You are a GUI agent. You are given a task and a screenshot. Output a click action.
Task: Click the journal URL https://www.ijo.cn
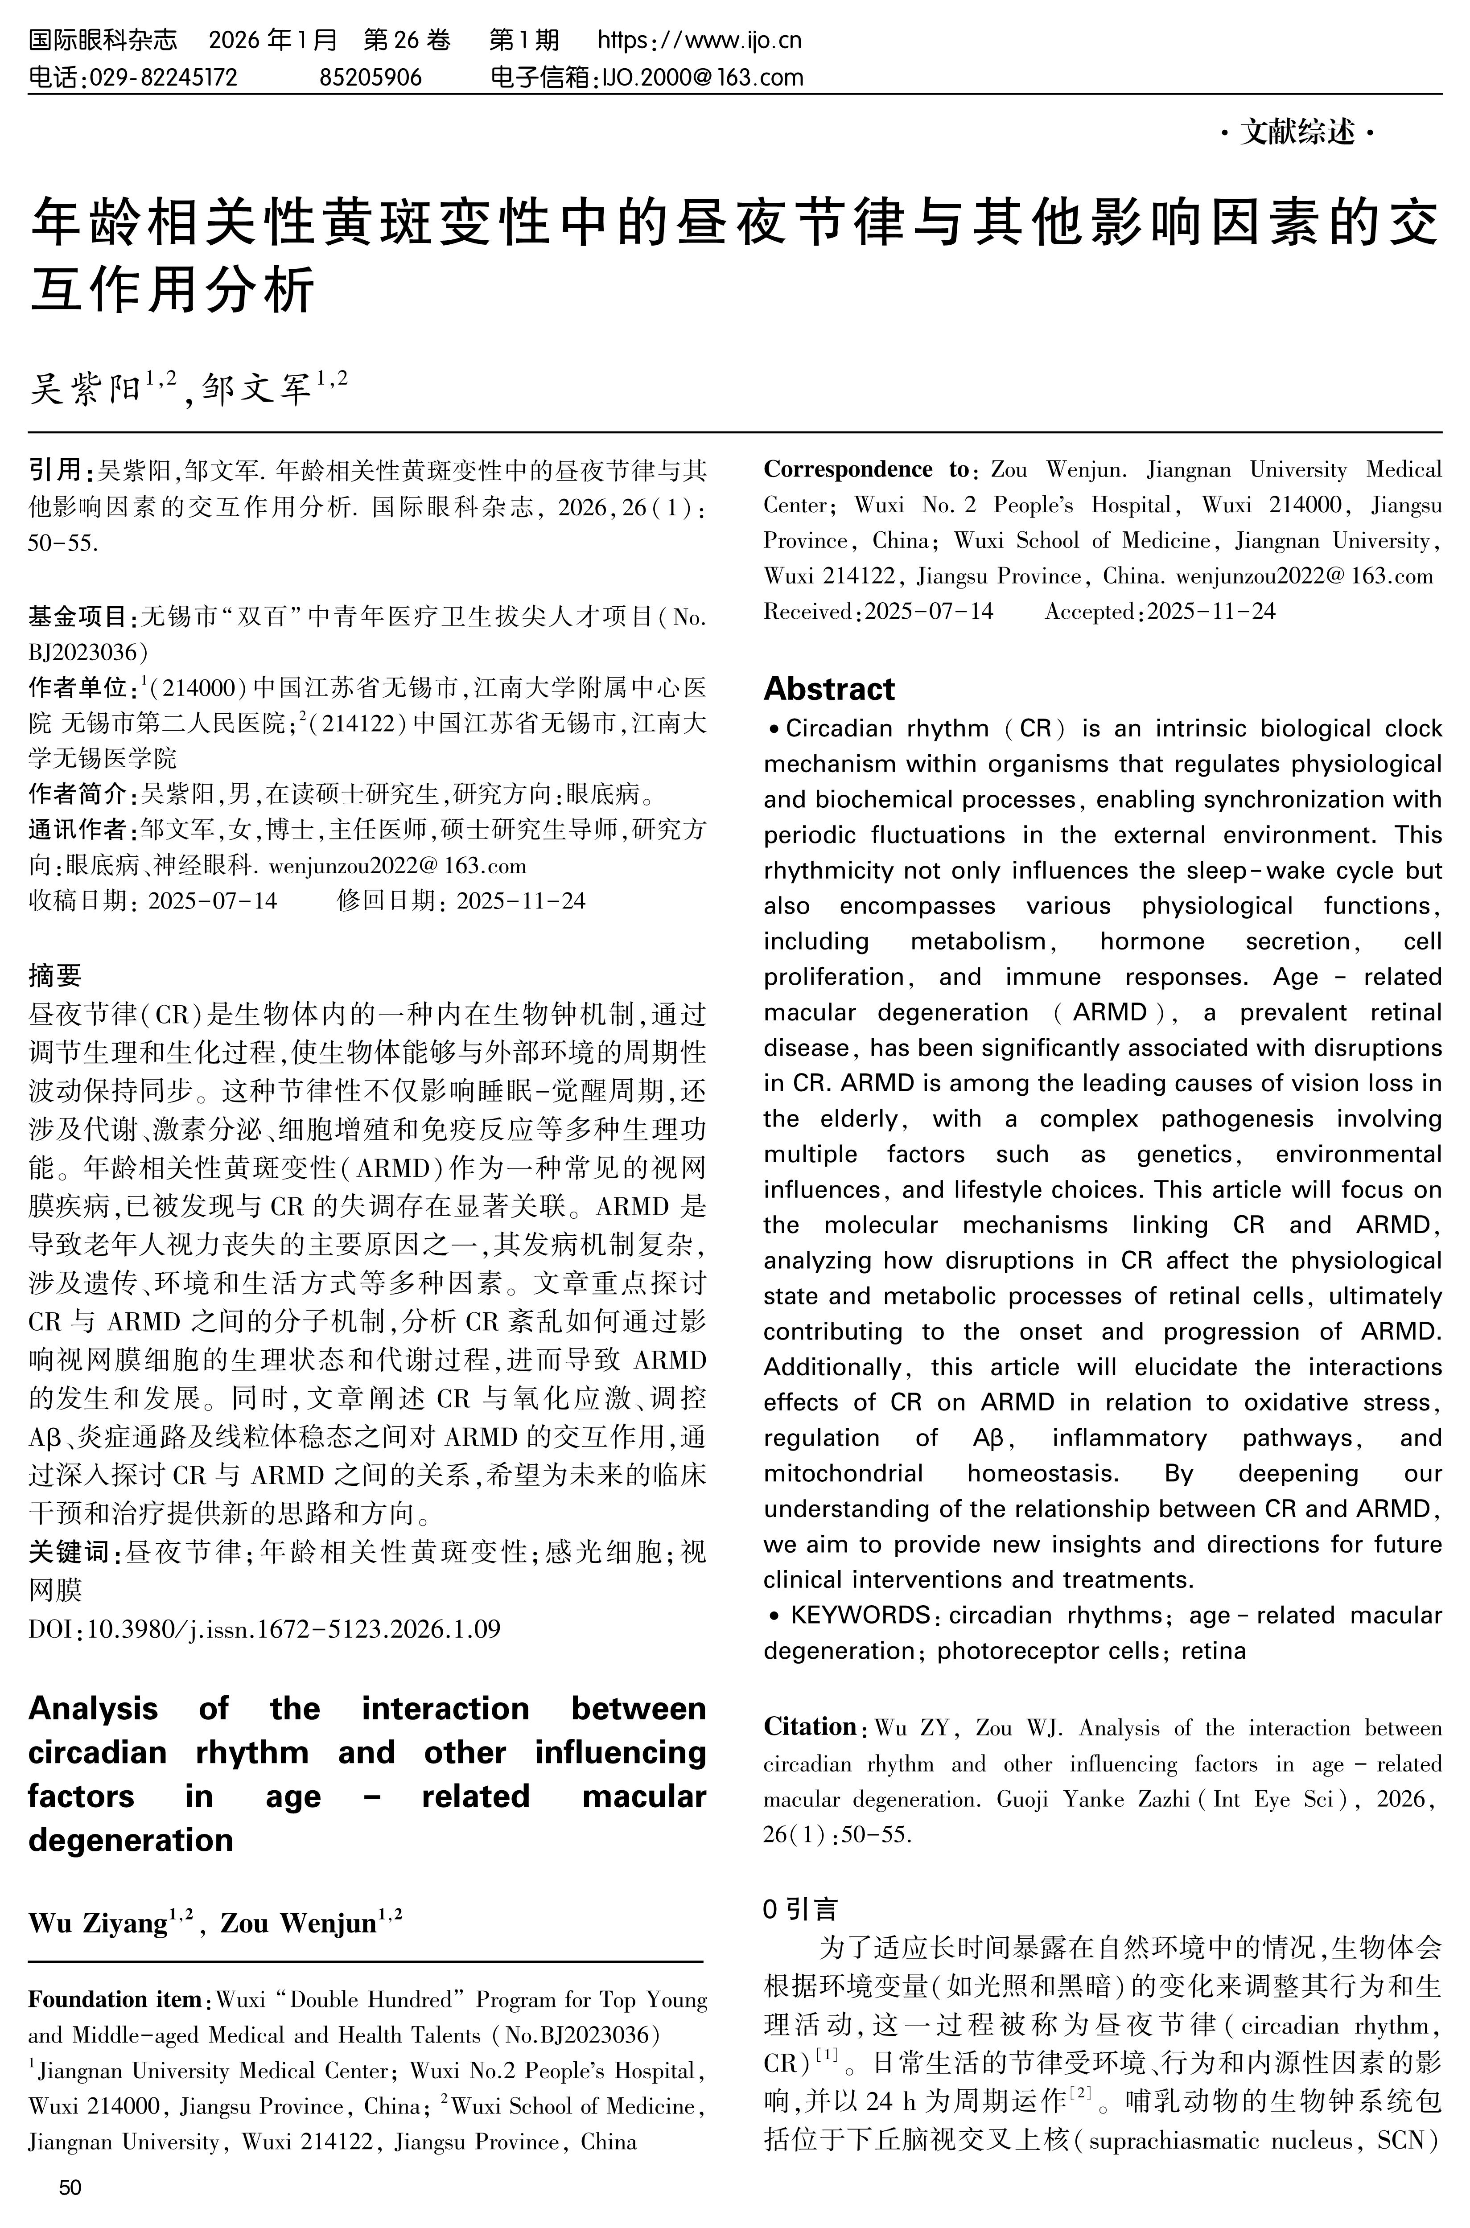pyautogui.click(x=700, y=40)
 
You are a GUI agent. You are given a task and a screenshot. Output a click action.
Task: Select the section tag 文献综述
pyautogui.click(x=1298, y=133)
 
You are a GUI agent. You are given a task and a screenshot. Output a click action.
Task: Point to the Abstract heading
pyautogui.click(x=829, y=689)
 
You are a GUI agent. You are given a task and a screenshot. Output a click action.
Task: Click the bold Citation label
pyautogui.click(x=810, y=1726)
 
